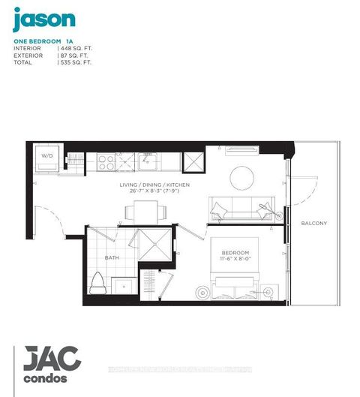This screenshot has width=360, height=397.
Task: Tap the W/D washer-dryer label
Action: pyautogui.click(x=46, y=156)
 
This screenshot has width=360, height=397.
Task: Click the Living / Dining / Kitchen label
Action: pyautogui.click(x=157, y=184)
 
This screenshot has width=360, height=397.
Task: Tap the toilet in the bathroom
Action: pyautogui.click(x=97, y=283)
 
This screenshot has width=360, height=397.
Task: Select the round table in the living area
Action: pyautogui.click(x=241, y=177)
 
